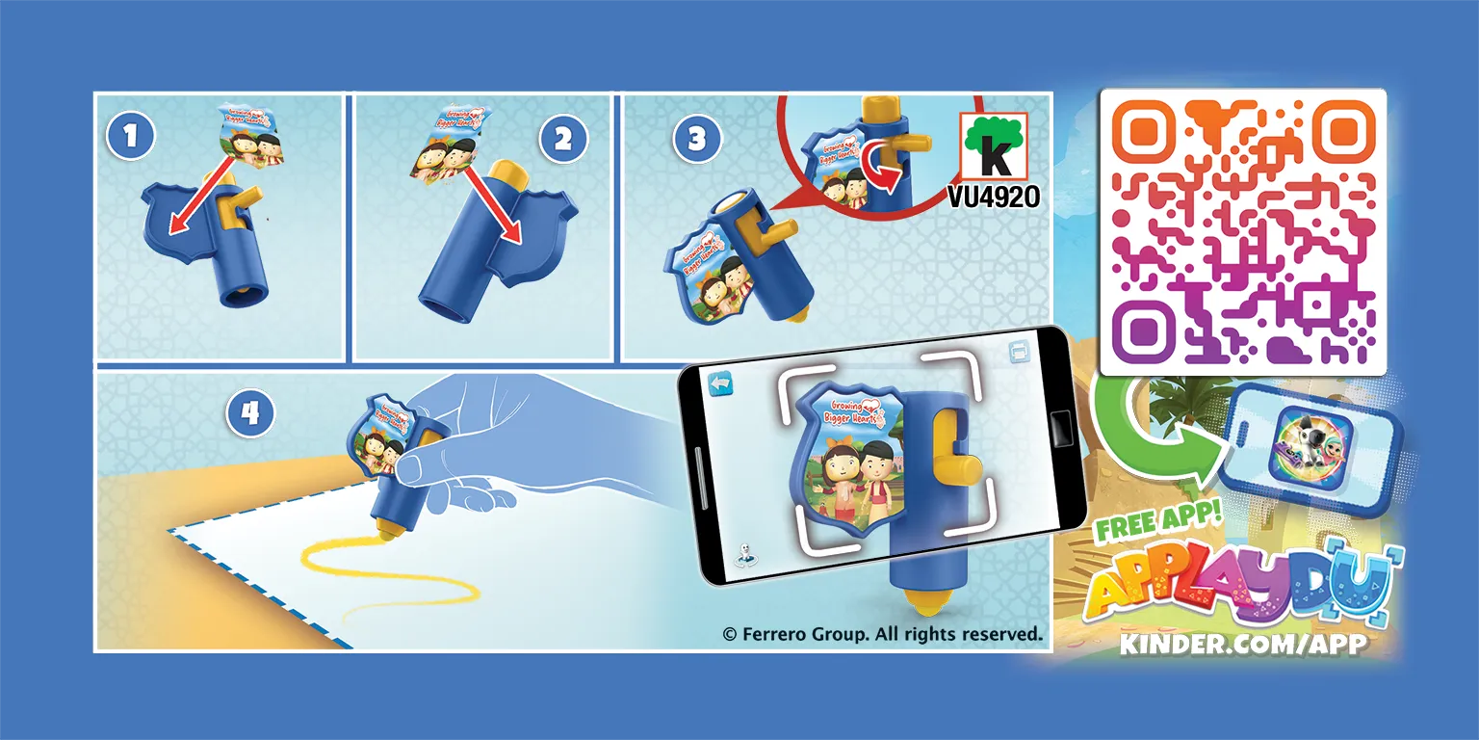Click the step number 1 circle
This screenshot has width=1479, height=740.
click(131, 136)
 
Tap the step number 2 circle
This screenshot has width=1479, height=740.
click(562, 139)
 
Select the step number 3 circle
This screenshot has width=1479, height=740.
click(697, 139)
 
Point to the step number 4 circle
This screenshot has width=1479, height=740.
click(250, 413)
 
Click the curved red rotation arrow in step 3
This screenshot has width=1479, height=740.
click(881, 170)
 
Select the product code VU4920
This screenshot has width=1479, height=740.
click(994, 197)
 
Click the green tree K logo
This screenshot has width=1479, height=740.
click(994, 146)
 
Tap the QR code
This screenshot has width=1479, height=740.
click(1243, 232)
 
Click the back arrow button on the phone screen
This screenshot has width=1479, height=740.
click(720, 383)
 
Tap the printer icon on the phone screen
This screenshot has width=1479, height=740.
click(1020, 351)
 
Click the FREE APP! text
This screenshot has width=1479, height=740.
click(1158, 521)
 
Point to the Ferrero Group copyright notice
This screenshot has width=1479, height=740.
click(883, 634)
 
